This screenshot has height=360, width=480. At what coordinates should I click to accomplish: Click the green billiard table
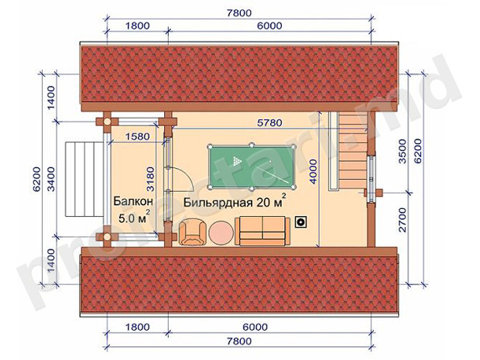(252, 166)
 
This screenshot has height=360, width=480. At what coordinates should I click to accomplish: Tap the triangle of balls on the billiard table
(237, 161)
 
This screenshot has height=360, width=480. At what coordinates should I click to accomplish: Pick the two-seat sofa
(262, 231)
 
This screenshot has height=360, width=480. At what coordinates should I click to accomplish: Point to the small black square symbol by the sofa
(301, 222)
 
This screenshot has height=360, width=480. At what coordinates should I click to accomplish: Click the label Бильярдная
(218, 202)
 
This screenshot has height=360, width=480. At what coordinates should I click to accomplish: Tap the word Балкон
(133, 201)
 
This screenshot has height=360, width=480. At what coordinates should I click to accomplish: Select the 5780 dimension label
(269, 123)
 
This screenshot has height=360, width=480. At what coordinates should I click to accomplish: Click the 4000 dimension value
(313, 171)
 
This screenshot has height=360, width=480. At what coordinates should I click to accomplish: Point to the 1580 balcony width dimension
(138, 136)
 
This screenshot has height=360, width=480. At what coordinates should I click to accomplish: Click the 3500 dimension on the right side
(403, 151)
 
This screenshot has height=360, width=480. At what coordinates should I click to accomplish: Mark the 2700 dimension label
(403, 220)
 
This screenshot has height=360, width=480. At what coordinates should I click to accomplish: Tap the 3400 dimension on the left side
(51, 179)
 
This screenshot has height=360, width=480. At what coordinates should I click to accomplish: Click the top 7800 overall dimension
(238, 13)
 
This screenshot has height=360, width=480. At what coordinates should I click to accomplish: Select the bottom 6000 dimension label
(255, 327)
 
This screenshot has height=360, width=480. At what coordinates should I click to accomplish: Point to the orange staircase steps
(353, 150)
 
